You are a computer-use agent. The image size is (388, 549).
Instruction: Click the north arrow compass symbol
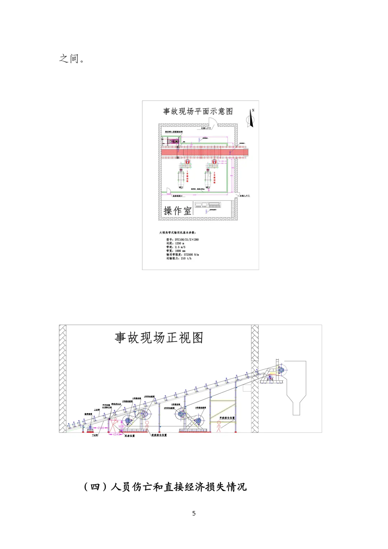pyautogui.click(x=251, y=118)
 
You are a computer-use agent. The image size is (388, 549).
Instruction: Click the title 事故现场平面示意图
pyautogui.click(x=198, y=111)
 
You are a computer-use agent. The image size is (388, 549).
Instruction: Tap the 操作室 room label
pyautogui.click(x=177, y=211)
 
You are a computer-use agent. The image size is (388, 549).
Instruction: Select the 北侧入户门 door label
pyautogui.click(x=206, y=128)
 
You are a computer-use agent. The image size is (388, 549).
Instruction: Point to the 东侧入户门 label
pyautogui.click(x=245, y=196)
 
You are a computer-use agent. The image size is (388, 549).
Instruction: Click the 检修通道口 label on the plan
pyautogui.click(x=177, y=196)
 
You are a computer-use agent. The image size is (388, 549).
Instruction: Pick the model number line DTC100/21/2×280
pyautogui.click(x=183, y=239)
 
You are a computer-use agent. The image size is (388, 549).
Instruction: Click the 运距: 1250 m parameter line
pyautogui.click(x=175, y=243)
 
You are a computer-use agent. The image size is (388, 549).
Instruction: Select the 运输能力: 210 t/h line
pyautogui.click(x=179, y=258)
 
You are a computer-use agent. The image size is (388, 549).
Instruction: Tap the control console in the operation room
pyautogui.click(x=208, y=205)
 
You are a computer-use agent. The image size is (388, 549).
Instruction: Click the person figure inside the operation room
pyautogui.click(x=206, y=212)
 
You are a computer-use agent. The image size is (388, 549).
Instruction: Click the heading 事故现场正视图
pyautogui.click(x=159, y=338)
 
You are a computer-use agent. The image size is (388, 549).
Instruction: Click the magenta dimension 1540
pyautogui.click(x=116, y=434)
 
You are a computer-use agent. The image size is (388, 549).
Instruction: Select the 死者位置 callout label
pyautogui.click(x=130, y=436)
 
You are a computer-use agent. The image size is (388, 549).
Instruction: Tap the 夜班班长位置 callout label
pyautogui.click(x=159, y=435)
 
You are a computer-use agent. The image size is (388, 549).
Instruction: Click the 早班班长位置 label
pyautogui.click(x=227, y=418)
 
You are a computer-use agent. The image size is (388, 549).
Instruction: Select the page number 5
pyautogui.click(x=194, y=513)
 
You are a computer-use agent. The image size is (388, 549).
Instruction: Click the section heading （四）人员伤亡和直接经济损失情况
pyautogui.click(x=165, y=487)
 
